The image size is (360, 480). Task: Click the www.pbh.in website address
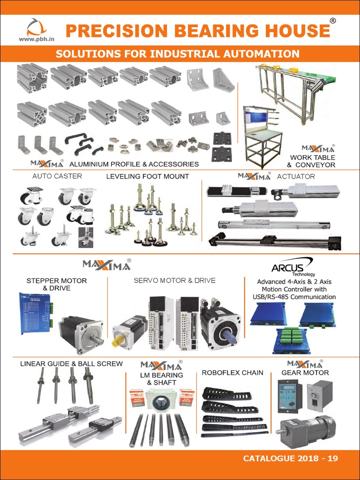coord(34,40)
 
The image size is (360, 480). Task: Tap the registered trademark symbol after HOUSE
coord(332,21)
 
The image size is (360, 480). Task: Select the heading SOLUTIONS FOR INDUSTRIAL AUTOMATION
coord(178,53)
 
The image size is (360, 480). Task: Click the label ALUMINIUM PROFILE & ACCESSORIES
coord(134,165)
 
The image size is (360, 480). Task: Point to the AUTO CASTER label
coord(57,176)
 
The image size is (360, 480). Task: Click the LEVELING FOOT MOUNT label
coord(147,176)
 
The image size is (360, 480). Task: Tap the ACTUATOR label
coord(296,176)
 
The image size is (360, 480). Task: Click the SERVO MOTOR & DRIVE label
coord(174,280)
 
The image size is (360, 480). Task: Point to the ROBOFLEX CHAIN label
coord(232,373)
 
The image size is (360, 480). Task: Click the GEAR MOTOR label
coord(305,373)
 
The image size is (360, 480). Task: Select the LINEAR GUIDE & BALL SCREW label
coord(71,364)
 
